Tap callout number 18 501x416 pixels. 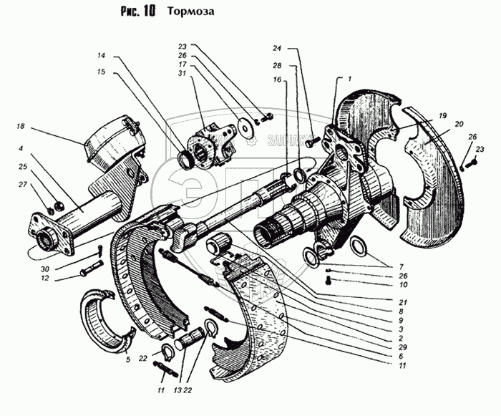pos(19,126)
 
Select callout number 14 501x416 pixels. pos(101,55)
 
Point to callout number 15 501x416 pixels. pos(101,72)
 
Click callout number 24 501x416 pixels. pos(276,49)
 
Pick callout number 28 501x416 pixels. pos(276,65)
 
